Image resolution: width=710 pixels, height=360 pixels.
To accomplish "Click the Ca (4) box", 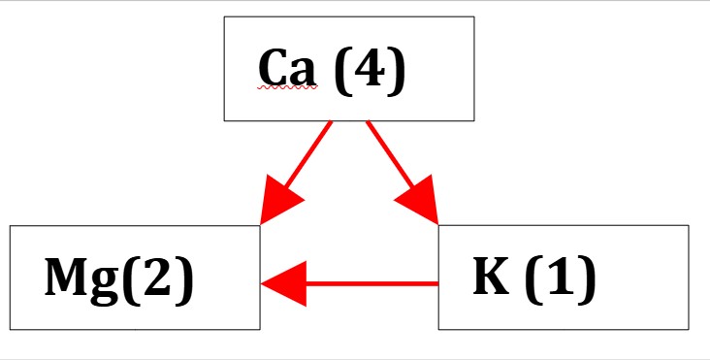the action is coord(349,69).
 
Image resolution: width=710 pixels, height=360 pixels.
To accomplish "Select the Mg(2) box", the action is coord(135,278).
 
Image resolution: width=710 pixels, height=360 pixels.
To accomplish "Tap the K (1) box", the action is coord(564,278).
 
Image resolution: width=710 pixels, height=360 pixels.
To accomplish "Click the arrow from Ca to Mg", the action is coord(296,173).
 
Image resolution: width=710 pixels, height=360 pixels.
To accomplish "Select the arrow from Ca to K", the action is coord(403,173).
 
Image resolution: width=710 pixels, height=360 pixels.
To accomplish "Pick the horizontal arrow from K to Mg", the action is coord(349,284).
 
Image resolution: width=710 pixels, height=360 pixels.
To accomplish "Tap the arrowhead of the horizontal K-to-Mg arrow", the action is coord(284,284).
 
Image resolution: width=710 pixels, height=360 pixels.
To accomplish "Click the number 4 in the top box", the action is coord(370,69).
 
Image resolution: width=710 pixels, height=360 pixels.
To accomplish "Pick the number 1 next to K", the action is coord(561,276).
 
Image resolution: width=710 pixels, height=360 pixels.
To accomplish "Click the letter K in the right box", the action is coord(491,276).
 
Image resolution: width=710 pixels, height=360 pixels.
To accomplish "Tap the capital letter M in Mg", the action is coord(67,277).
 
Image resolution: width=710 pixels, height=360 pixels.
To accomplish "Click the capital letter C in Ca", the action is coord(274,68).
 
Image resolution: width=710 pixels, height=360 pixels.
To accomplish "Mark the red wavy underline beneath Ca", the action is coord(287,87).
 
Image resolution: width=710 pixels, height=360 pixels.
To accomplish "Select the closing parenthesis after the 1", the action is coord(587,278).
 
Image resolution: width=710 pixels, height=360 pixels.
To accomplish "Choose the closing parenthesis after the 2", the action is coord(183,278).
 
